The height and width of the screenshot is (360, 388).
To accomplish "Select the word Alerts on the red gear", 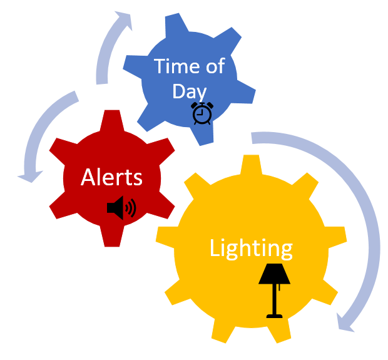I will tap(111, 177).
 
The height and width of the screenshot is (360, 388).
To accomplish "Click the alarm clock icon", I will tap(202, 113).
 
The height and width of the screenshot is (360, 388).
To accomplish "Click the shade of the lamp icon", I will tap(273, 274).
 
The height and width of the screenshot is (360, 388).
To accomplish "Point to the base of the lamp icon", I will tap(273, 316).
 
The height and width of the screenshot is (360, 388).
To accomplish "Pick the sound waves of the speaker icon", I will tap(131, 207).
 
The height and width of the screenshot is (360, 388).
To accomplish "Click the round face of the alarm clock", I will tap(202, 115).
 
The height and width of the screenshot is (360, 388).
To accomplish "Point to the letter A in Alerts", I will tap(88, 177).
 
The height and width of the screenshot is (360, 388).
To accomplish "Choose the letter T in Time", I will tap(160, 66).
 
